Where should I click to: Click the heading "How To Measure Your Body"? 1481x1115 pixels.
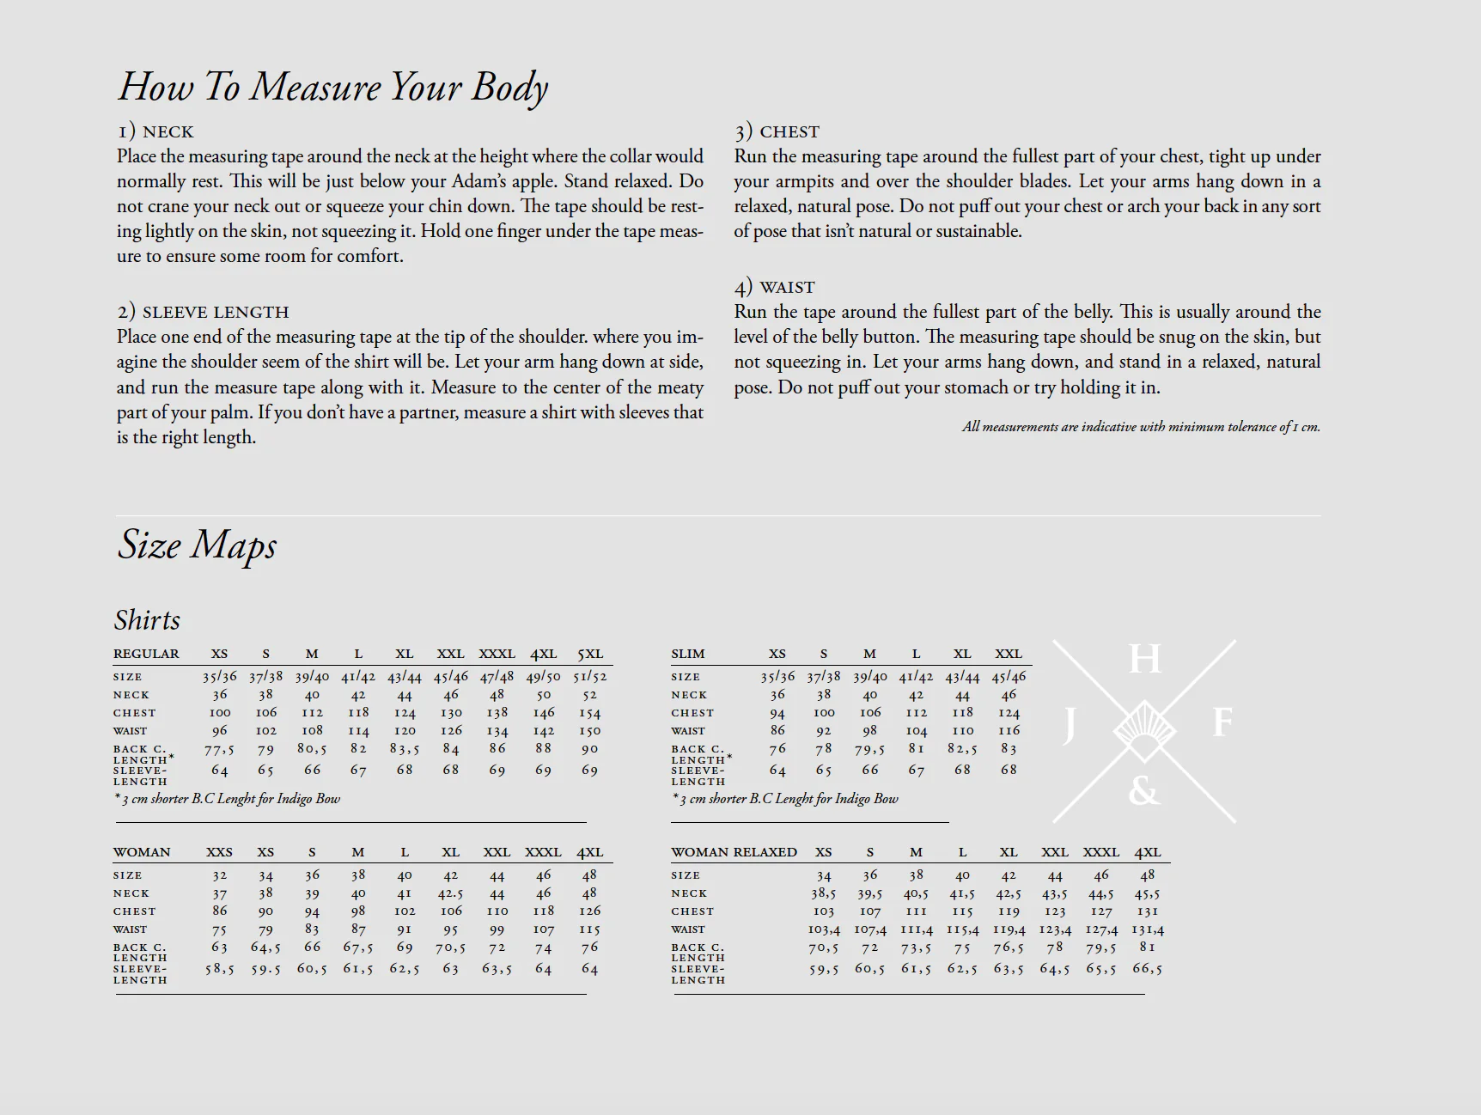point(332,88)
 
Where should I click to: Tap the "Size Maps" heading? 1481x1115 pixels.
point(197,545)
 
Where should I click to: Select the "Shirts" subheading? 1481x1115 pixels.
point(147,620)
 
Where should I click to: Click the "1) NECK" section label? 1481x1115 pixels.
point(155,131)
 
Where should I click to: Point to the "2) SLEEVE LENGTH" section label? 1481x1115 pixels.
point(203,312)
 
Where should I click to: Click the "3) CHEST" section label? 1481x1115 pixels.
point(777,131)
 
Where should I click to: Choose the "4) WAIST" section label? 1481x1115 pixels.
point(774,287)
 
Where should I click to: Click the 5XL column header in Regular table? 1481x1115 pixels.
point(590,654)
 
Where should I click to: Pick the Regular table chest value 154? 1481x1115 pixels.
point(590,713)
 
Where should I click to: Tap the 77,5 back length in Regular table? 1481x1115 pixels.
point(219,749)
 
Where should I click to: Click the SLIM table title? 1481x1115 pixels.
point(688,654)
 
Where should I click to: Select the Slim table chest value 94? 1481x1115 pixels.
point(777,713)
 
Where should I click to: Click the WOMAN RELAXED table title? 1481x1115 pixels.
point(734,852)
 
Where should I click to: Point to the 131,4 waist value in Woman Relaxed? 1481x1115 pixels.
point(1148,929)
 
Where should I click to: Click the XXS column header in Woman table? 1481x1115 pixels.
point(219,852)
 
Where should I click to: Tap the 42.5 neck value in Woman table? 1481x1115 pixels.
point(451,893)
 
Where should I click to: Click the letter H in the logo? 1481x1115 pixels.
point(1144,660)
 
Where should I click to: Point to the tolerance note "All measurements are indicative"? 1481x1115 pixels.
point(1141,427)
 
